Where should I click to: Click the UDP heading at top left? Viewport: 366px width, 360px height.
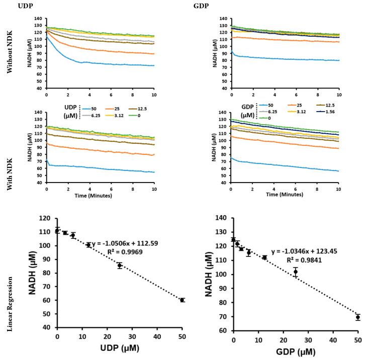pyautogui.click(x=12, y=6)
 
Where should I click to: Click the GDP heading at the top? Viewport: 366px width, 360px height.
pyautogui.click(x=200, y=6)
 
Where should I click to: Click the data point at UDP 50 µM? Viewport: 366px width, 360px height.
pyautogui.click(x=182, y=300)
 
